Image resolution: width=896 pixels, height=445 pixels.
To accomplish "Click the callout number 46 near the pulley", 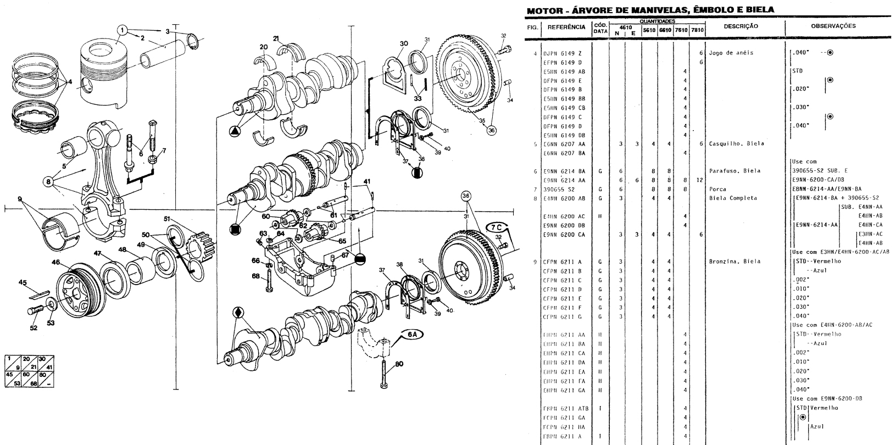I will point(55,263).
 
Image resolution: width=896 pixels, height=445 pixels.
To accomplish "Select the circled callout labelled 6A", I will point(413,333).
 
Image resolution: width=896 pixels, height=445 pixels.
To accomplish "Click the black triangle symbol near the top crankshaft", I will point(235,131).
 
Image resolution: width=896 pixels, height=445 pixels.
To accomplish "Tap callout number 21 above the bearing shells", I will point(276,38).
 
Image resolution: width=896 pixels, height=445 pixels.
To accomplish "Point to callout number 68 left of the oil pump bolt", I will point(255,276).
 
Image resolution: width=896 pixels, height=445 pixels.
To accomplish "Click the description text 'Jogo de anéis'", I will point(731,53).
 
